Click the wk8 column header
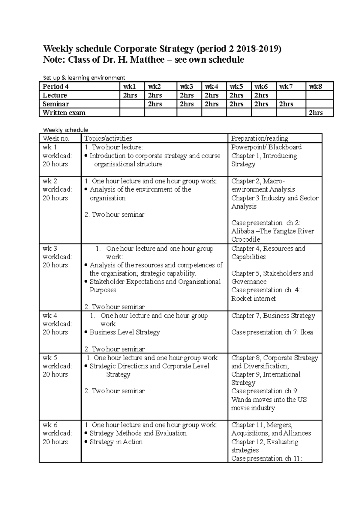click(316, 87)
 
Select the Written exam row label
click(64, 113)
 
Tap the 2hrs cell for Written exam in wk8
click(316, 113)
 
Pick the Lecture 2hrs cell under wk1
click(128, 95)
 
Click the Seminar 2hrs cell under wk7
click(286, 104)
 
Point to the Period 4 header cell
click(56, 87)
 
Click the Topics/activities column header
click(108, 138)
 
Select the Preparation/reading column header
click(259, 138)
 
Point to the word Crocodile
click(245, 240)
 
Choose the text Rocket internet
click(253, 299)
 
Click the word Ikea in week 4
click(307, 332)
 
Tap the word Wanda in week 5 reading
click(241, 400)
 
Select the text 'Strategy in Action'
click(116, 442)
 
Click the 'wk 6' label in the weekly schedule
click(50, 425)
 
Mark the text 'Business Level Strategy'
click(124, 332)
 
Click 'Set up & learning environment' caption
click(84, 78)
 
